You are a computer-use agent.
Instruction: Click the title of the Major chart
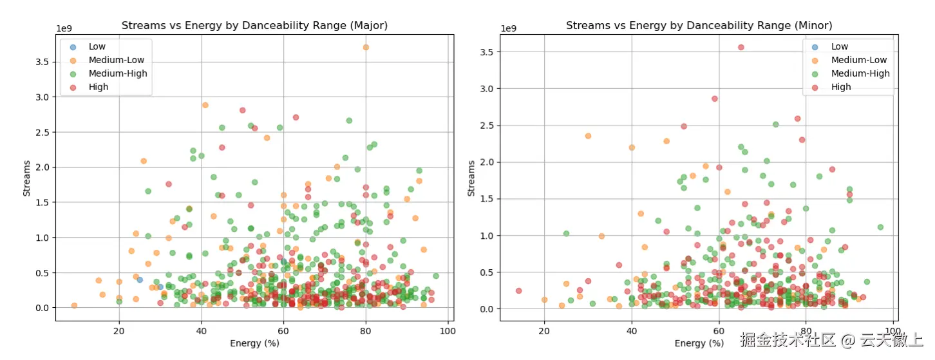pyautogui.click(x=254, y=26)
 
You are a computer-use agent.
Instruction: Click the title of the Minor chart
pyautogui.click(x=699, y=26)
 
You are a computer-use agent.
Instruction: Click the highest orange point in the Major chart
pyautogui.click(x=366, y=47)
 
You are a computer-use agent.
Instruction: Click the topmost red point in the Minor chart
pyautogui.click(x=741, y=47)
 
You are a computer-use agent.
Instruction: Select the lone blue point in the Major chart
pyautogui.click(x=140, y=279)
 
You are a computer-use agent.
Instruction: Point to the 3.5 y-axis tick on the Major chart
pyautogui.click(x=43, y=62)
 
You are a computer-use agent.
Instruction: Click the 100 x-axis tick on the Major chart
pyautogui.click(x=448, y=331)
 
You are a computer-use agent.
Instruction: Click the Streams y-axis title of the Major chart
pyautogui.click(x=26, y=175)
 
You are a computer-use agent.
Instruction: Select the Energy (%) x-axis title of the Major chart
pyautogui.click(x=254, y=343)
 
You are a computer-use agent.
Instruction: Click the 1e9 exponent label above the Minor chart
pyautogui.click(x=509, y=28)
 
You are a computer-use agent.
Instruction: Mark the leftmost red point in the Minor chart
pyautogui.click(x=518, y=290)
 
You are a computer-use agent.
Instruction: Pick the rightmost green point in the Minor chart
pyautogui.click(x=880, y=227)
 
